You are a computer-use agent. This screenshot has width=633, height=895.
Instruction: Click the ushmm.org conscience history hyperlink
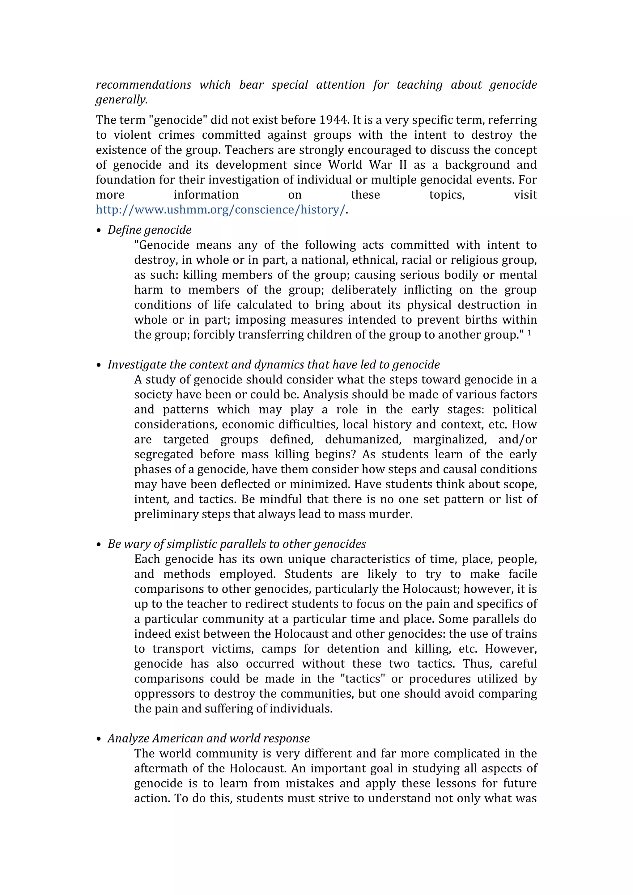220,210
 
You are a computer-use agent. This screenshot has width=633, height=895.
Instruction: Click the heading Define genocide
149,230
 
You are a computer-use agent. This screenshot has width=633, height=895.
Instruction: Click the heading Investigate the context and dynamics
274,364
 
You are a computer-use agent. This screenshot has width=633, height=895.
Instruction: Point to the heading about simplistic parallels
237,544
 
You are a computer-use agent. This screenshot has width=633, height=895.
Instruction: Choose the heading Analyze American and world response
209,738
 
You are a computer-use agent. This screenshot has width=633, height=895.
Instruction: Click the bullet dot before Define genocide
98,231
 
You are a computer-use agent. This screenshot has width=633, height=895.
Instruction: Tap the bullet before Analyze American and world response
98,739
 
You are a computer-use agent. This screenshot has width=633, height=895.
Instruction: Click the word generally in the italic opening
121,100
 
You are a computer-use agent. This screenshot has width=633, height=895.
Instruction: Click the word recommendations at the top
143,85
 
